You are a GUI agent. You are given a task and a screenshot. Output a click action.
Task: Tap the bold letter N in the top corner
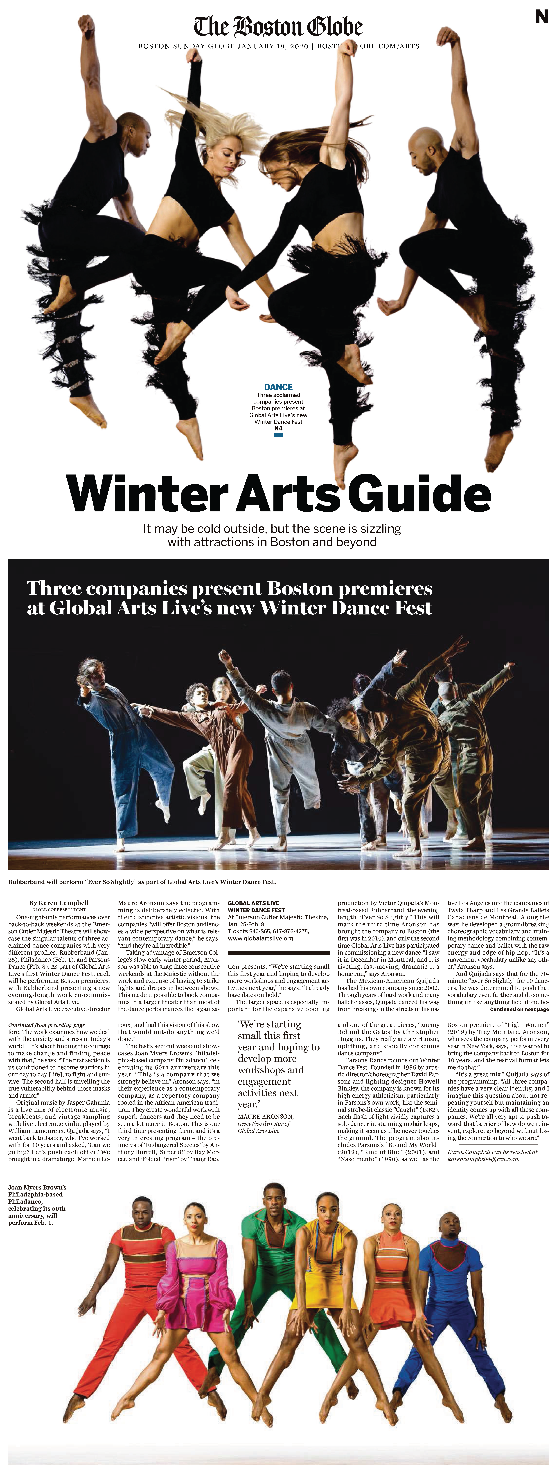point(541,17)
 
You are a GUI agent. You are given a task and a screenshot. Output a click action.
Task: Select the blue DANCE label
point(278,387)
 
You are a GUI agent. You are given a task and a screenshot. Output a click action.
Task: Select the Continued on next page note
point(519,1009)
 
